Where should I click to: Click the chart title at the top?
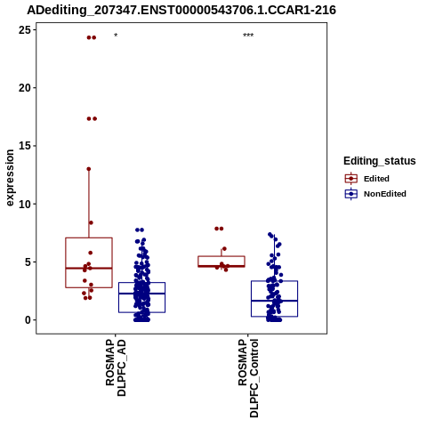coord(181,10)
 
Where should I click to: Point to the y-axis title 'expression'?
coord(10,178)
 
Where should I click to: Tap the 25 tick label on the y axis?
coord(25,29)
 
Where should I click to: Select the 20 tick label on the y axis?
coord(25,88)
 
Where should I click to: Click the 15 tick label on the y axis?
coord(25,146)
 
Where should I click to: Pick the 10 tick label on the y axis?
coord(25,204)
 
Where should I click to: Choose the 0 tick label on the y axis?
coord(28,320)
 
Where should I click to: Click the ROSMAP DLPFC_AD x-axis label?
coord(116,367)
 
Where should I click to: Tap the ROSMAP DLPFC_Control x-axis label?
coord(248,378)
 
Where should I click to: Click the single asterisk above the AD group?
coord(116,36)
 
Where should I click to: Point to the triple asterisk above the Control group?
coord(248,36)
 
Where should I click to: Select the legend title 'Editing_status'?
coord(380,161)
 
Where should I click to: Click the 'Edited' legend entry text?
coord(376,179)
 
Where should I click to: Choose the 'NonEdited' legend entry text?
coord(385,194)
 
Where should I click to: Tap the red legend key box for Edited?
coord(351,179)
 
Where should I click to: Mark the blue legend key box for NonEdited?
coord(351,194)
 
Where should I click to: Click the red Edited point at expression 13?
coord(89,169)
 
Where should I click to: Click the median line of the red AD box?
coord(89,268)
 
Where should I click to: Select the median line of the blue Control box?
coord(274,301)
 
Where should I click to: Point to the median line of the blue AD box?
coord(141,294)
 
